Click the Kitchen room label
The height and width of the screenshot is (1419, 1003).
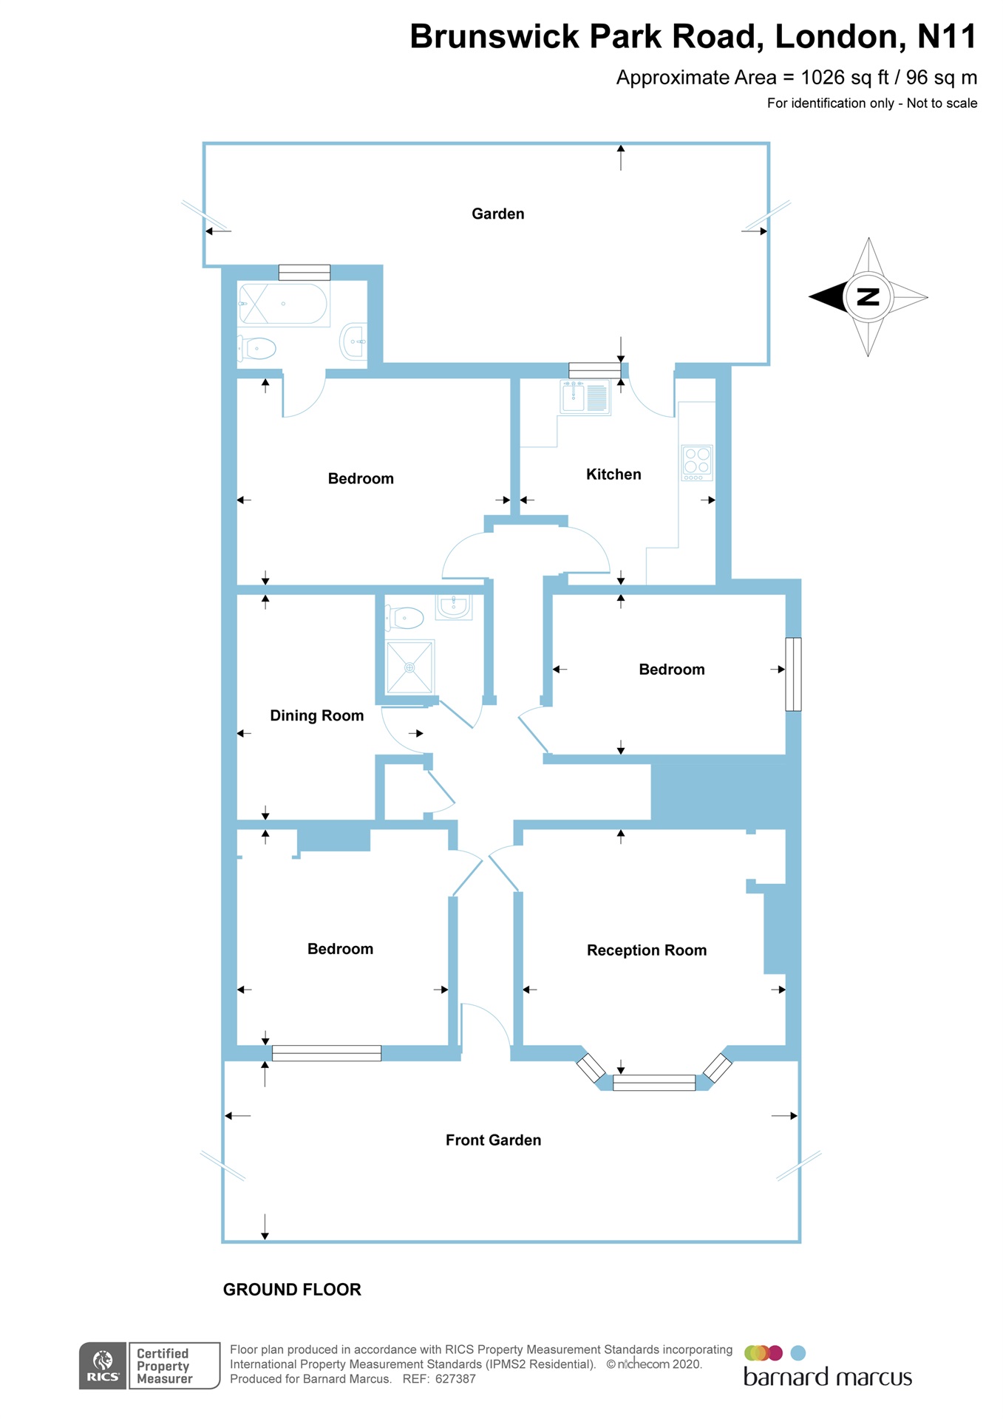click(613, 474)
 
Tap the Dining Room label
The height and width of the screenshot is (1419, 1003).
click(316, 715)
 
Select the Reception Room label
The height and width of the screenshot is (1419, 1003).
click(646, 950)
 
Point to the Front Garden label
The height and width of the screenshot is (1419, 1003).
click(493, 1140)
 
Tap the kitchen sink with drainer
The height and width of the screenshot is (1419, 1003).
click(585, 398)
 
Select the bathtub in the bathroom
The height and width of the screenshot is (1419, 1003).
click(283, 304)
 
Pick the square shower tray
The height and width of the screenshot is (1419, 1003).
click(409, 667)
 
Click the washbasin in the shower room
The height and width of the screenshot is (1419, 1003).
click(453, 606)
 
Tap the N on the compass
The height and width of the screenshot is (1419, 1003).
click(868, 297)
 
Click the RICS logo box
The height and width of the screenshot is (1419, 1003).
click(103, 1366)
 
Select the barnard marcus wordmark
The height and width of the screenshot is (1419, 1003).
click(827, 1378)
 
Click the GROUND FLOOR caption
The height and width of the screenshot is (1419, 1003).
click(292, 1290)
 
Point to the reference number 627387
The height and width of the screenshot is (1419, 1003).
click(455, 1379)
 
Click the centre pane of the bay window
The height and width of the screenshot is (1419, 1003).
click(654, 1083)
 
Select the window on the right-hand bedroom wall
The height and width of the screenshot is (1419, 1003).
click(793, 674)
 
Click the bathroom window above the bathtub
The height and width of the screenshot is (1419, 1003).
click(305, 272)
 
